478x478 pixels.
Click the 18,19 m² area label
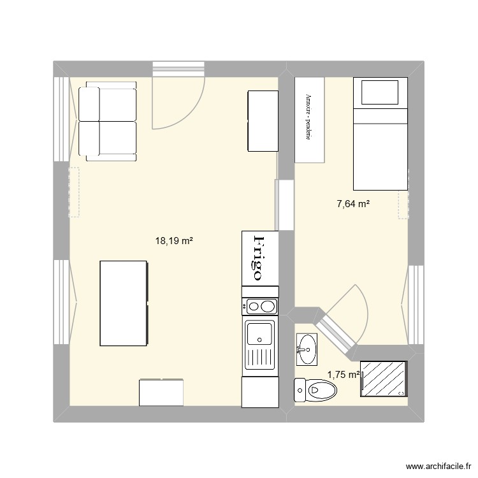174,241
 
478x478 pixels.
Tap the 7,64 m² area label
354,204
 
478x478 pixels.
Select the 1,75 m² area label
344,375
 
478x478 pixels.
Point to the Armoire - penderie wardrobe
309,119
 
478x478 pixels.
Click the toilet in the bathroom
315,389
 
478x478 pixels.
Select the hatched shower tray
384,379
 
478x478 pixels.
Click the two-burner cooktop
260,307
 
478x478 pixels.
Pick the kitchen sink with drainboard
259,344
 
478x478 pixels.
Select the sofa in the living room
108,122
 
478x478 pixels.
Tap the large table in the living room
124,303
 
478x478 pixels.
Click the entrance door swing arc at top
178,102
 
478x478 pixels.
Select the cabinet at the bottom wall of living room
161,392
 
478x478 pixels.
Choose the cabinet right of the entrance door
263,121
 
